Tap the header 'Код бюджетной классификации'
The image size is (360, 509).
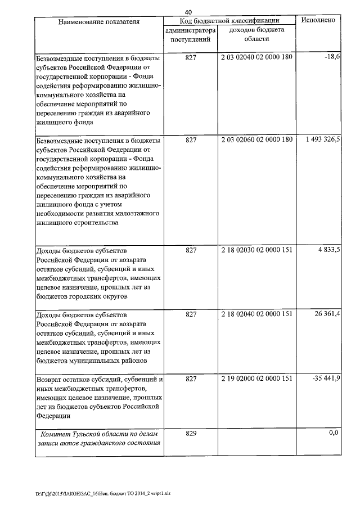point(229,21)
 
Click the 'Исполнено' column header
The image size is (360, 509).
point(318,20)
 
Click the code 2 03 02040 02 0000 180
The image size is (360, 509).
point(257,58)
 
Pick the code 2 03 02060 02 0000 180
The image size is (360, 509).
point(257,139)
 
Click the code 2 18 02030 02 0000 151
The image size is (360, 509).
point(257,249)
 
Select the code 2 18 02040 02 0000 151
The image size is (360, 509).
point(257,313)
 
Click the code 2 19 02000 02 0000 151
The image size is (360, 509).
point(257,379)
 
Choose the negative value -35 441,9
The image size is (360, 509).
point(326,379)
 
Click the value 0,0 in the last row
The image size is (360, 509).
point(334,433)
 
